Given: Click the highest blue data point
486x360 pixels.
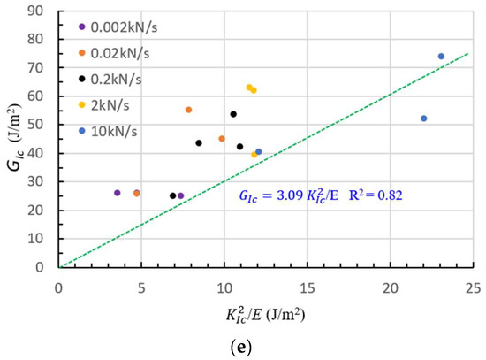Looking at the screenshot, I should coord(441,57).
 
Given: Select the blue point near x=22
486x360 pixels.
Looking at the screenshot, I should coord(423,119).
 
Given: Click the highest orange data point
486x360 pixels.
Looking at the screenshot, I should coord(188,110).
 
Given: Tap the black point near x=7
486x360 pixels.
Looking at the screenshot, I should coord(173,195).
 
